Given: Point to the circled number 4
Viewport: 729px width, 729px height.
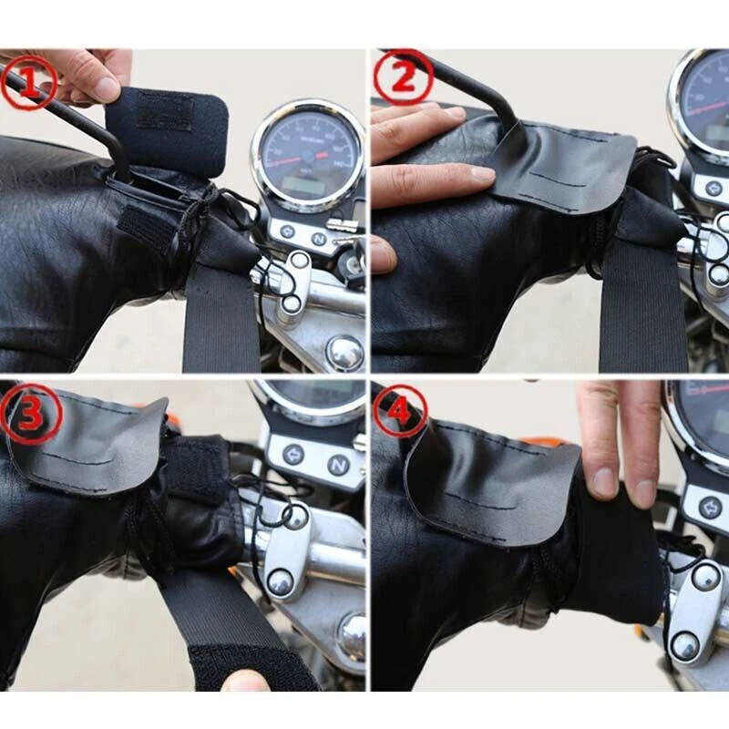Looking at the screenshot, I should [x=399, y=411].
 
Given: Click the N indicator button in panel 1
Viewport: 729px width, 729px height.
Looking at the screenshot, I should [x=318, y=238].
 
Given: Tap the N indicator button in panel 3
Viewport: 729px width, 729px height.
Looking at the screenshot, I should [x=338, y=465].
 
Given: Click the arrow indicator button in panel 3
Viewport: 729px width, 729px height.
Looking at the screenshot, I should [x=293, y=454].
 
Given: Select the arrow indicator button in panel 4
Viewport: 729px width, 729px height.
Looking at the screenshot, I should [x=712, y=507].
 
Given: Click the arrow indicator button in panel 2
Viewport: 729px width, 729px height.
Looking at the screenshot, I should [x=714, y=187].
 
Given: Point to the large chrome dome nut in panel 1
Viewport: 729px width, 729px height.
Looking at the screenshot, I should [x=345, y=352].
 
